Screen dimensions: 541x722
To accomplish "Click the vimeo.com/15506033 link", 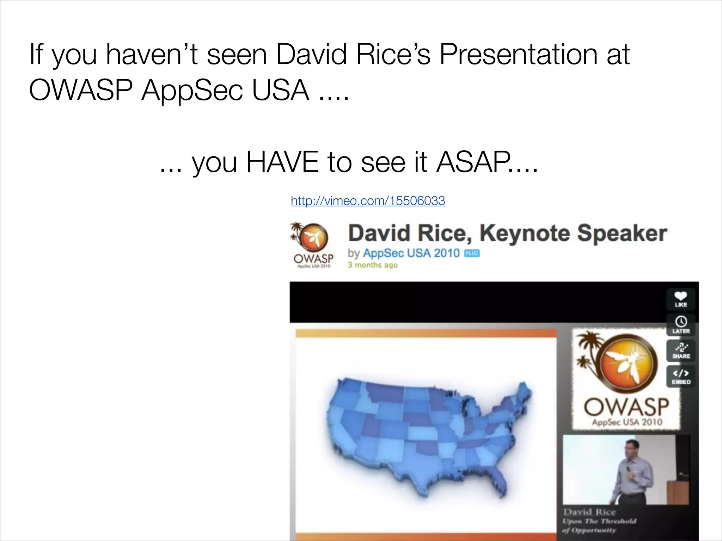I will click(368, 201).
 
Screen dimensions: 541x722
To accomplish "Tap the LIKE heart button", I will click(681, 299).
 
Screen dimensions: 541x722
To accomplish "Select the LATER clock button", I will click(681, 325).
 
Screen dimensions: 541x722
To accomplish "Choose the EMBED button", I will click(681, 377).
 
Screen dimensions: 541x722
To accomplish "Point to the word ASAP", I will click(474, 162).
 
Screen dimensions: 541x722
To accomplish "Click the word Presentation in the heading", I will click(518, 55).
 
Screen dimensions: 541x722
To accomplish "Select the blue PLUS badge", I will click(472, 253).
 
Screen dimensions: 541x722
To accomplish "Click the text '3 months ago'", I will click(372, 265).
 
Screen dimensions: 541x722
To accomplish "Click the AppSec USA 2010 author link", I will click(411, 253).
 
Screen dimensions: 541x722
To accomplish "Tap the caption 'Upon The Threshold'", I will click(599, 521).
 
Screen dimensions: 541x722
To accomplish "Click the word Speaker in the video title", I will click(622, 234).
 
